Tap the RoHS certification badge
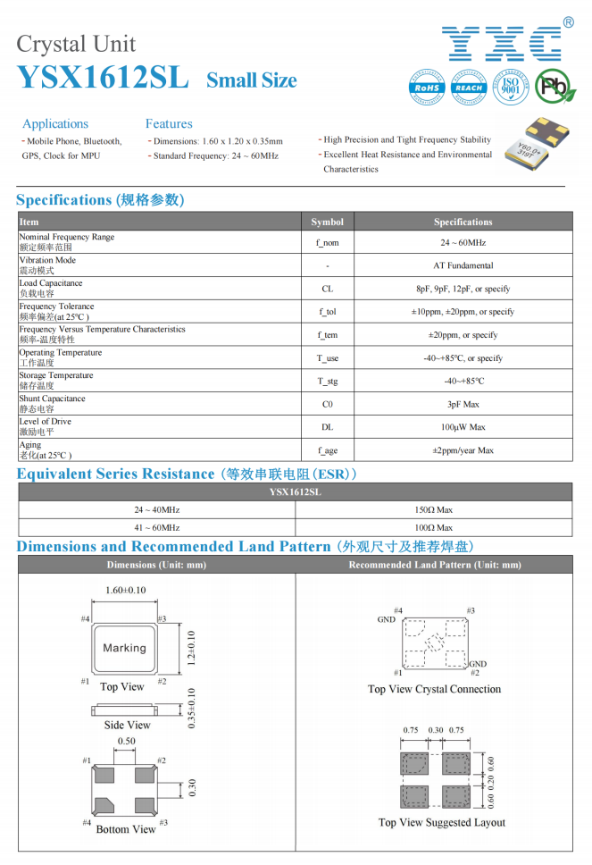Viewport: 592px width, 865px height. click(x=427, y=87)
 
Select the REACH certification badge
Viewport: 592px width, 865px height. click(x=469, y=87)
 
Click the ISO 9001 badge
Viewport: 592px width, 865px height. click(x=511, y=87)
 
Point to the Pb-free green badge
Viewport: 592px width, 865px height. click(x=555, y=87)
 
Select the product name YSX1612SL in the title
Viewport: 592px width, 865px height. click(x=103, y=79)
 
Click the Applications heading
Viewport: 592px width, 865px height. click(x=55, y=123)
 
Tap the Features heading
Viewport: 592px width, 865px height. click(x=169, y=123)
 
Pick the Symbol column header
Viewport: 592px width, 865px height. click(x=327, y=222)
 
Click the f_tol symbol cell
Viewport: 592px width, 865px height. click(x=327, y=312)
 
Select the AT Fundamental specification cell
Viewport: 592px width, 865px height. click(x=463, y=265)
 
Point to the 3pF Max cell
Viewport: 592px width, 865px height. click(x=463, y=405)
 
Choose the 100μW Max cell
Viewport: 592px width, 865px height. click(x=463, y=427)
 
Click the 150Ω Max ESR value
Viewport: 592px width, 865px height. click(x=433, y=509)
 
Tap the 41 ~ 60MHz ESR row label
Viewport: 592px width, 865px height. click(x=156, y=528)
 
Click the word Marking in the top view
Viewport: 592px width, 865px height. click(x=124, y=648)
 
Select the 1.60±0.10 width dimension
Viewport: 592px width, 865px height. click(x=125, y=591)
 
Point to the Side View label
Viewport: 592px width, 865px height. click(x=127, y=725)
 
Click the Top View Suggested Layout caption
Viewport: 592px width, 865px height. click(x=441, y=822)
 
